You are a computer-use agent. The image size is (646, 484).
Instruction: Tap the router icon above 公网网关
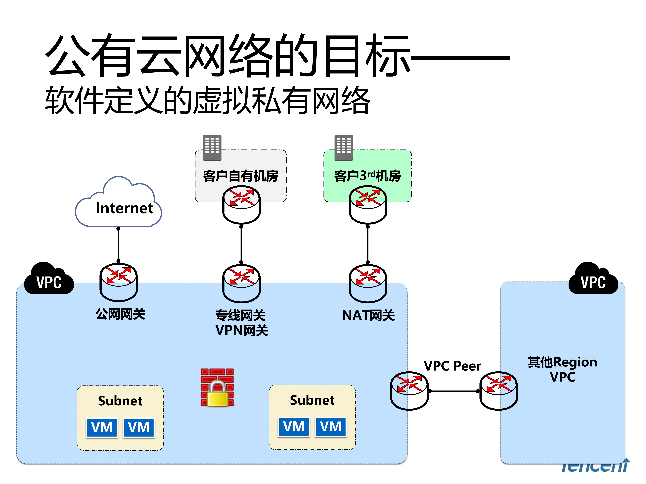(x=119, y=282)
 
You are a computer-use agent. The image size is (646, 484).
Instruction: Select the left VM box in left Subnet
(x=102, y=427)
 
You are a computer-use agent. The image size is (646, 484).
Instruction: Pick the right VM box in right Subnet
(x=331, y=427)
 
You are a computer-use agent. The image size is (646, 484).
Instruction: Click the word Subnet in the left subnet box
(x=120, y=401)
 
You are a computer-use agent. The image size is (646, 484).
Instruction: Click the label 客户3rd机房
(x=367, y=176)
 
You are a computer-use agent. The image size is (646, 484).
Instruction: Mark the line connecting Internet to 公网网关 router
(x=118, y=245)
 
